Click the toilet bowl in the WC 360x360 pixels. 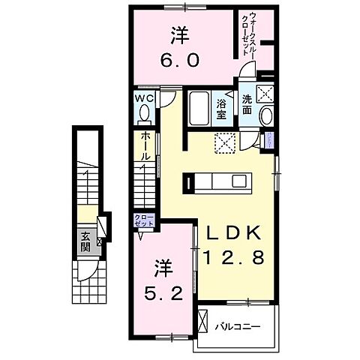[144, 113]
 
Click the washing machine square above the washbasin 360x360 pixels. [265, 94]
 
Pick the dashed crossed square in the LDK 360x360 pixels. [225, 142]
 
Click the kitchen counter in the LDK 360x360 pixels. [223, 181]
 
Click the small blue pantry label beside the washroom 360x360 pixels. [268, 137]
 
